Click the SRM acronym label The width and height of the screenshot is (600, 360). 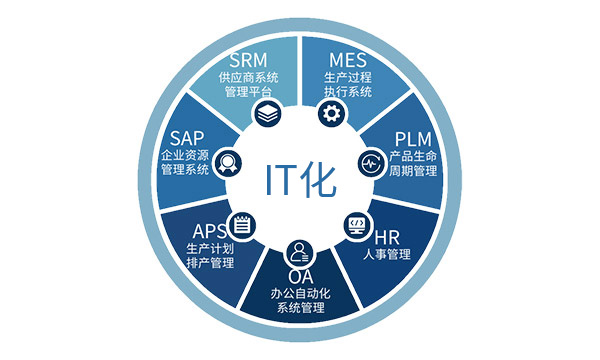pyautogui.click(x=248, y=60)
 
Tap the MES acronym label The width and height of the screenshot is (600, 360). pyautogui.click(x=348, y=60)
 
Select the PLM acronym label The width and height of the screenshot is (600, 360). pyautogui.click(x=413, y=139)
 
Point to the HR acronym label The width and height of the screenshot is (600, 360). pyautogui.click(x=387, y=238)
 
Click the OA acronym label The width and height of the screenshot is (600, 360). pyautogui.click(x=301, y=276)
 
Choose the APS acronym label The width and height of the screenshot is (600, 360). pyautogui.click(x=209, y=231)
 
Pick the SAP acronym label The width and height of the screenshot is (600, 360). pyautogui.click(x=187, y=138)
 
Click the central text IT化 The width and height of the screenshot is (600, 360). pyautogui.click(x=300, y=180)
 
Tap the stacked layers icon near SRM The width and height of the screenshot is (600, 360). pyautogui.click(x=268, y=113)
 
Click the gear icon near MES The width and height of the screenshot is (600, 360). pyautogui.click(x=331, y=113)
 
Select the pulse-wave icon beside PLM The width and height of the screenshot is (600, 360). pyautogui.click(x=371, y=163)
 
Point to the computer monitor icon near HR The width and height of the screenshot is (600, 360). pyautogui.click(x=357, y=225)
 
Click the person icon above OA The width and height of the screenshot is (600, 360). pyautogui.click(x=300, y=253)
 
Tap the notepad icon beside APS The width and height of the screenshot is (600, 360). pyautogui.click(x=241, y=225)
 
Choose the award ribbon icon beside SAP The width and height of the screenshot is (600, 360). pyautogui.click(x=228, y=163)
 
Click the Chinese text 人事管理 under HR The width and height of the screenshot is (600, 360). pyautogui.click(x=387, y=254)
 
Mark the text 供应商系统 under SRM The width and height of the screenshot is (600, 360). pyautogui.click(x=249, y=77)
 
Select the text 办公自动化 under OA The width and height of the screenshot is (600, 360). pyautogui.click(x=301, y=293)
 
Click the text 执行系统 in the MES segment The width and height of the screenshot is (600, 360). pyautogui.click(x=348, y=92)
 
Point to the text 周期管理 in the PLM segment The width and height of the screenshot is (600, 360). pyautogui.click(x=413, y=171)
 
